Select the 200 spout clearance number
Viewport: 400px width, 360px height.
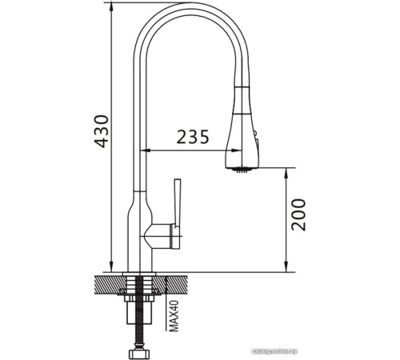click(298, 214)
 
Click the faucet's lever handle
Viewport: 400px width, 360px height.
click(177, 203)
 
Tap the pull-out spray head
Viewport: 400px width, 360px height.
click(242, 132)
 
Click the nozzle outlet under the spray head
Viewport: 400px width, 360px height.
click(240, 169)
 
